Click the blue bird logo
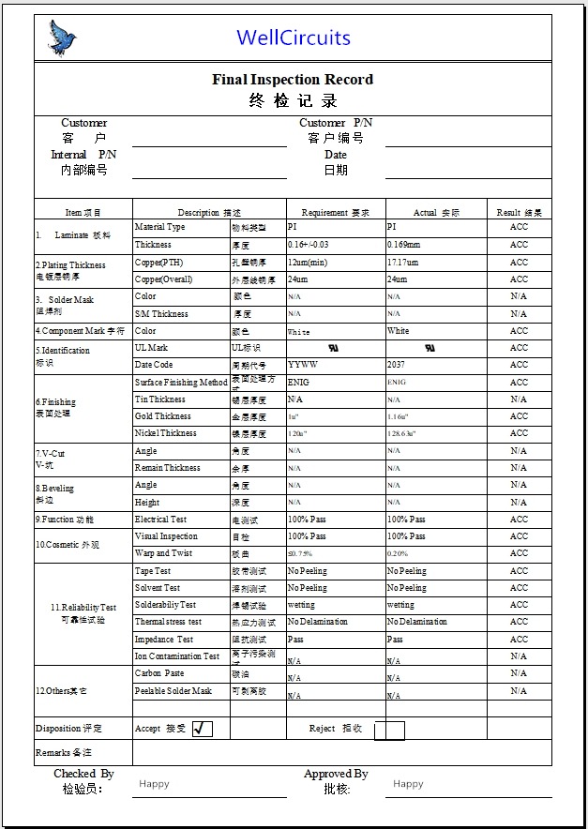[62, 38]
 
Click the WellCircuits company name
[294, 38]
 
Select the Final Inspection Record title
[293, 80]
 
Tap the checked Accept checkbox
[202, 729]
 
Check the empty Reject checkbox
[389, 730]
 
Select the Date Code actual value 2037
[396, 365]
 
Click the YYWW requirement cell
[302, 365]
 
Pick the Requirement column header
[335, 213]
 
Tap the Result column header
[519, 213]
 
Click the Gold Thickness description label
[163, 416]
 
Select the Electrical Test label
[160, 520]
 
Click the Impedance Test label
[163, 640]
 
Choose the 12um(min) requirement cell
[307, 263]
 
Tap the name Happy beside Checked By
[154, 784]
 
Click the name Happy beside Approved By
[408, 784]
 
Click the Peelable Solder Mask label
[173, 691]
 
